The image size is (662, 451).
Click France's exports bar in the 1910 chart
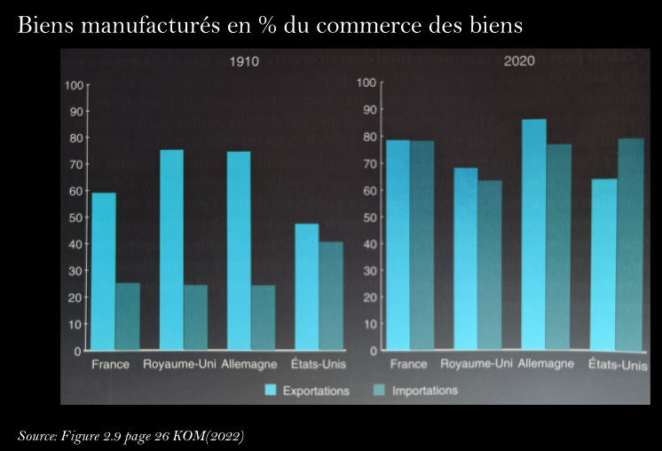pos(104,271)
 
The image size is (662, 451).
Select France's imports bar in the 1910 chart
pos(128,316)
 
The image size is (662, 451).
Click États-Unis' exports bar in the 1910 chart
pos(306,286)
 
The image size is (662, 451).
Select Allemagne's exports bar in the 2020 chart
pos(534,234)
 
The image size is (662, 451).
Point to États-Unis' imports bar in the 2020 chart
pos(629,243)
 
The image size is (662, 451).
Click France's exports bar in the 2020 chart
pos(398,244)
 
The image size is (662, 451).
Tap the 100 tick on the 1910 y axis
pos(75,85)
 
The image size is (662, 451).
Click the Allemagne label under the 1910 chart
pos(250,364)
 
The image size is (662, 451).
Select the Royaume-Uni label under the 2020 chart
pos(477,364)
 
